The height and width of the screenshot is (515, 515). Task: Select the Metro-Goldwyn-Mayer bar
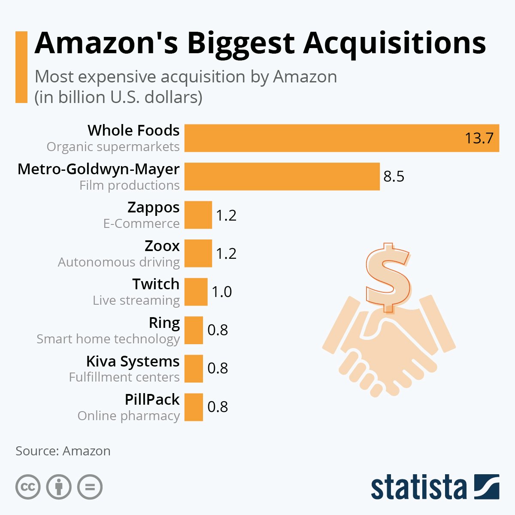click(282, 176)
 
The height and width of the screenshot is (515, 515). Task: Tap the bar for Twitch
click(196, 292)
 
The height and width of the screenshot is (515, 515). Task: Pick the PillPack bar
click(194, 407)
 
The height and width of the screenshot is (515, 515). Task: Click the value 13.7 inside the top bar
click(479, 138)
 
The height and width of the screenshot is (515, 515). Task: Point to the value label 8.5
click(394, 176)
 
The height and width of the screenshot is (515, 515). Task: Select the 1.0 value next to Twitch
click(221, 292)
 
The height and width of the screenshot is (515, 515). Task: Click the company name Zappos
click(153, 207)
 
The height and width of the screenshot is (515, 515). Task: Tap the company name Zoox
click(162, 246)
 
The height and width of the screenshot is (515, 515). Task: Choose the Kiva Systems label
click(133, 361)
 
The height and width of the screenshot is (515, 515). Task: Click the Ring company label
click(164, 323)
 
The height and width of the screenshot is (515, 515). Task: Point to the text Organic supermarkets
click(113, 147)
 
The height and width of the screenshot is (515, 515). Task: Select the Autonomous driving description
click(119, 262)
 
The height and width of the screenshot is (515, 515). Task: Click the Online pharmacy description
click(128, 416)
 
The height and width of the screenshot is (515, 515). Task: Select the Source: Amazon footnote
click(63, 451)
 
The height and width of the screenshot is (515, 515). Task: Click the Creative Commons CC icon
click(28, 487)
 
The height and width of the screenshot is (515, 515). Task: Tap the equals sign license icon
click(90, 487)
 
